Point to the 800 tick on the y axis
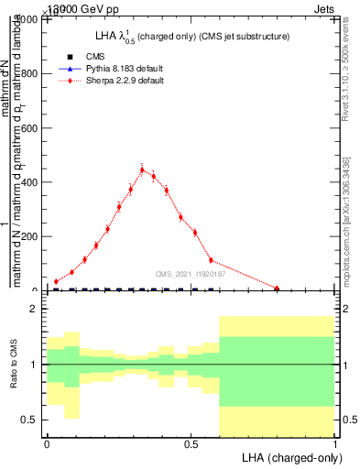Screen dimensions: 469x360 pos(31,74)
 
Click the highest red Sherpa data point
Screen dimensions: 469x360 pos(142,169)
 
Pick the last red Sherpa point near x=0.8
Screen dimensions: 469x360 pos(277,288)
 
